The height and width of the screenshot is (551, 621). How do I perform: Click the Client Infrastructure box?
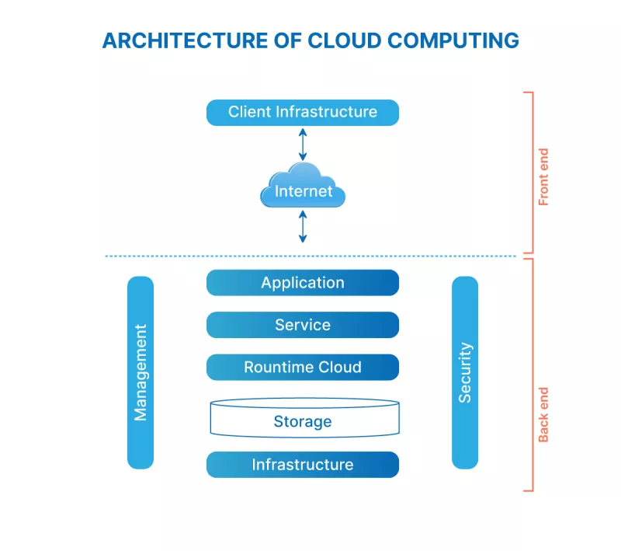[x=302, y=112]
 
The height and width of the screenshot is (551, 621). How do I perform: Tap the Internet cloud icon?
[x=303, y=187]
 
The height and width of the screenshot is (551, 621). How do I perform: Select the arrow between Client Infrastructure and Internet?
[x=303, y=145]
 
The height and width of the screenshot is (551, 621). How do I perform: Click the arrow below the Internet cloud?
[x=303, y=226]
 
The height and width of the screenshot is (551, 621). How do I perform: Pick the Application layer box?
[x=302, y=283]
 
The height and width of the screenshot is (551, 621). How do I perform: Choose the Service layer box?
[x=302, y=325]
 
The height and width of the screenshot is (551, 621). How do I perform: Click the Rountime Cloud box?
[x=302, y=367]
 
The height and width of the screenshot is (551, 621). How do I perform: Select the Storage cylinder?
[x=302, y=419]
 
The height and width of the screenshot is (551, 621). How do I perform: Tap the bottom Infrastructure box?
[x=302, y=465]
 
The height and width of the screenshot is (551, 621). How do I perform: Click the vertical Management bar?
[x=141, y=372]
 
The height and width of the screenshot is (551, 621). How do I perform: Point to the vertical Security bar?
[x=465, y=372]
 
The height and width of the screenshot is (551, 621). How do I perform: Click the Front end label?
[x=543, y=177]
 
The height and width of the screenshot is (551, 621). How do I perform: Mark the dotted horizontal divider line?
[x=310, y=256]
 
